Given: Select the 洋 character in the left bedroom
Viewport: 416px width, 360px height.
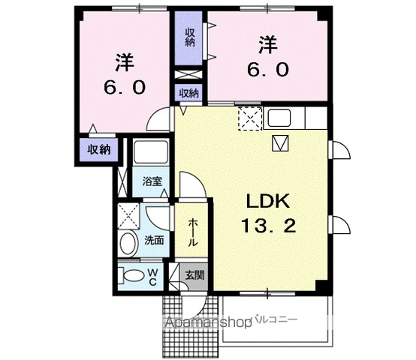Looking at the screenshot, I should pos(125,59).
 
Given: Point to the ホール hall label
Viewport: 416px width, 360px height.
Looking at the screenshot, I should pos(193,232).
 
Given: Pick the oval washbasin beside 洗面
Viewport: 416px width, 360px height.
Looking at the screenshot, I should pos(128,241).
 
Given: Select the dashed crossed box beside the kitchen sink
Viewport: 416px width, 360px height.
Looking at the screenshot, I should pos(248,118).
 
